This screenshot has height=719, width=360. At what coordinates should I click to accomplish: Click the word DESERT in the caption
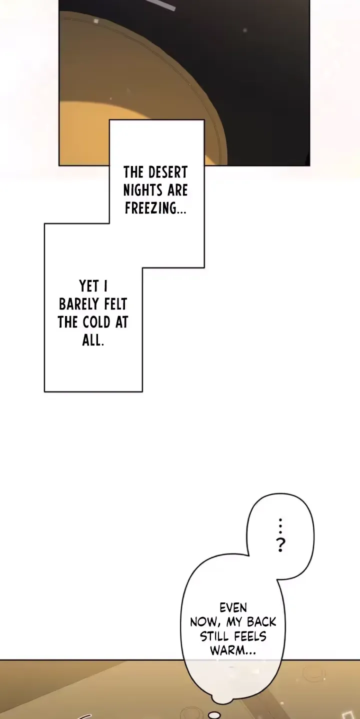[167, 172]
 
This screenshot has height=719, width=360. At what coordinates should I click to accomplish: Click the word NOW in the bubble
[203, 622]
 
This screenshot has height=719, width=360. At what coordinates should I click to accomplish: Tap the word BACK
[261, 622]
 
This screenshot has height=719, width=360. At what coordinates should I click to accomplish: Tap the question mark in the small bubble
[280, 545]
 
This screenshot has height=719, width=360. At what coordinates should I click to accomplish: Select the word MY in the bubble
[234, 622]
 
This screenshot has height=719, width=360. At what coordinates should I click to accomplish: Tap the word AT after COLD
[121, 322]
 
